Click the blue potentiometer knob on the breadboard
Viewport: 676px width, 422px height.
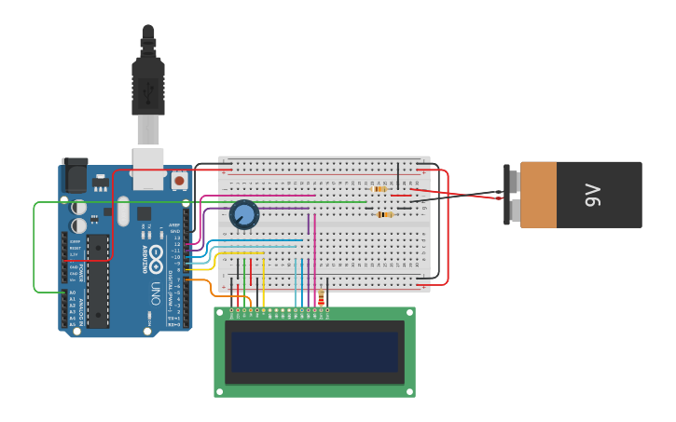point(244,214)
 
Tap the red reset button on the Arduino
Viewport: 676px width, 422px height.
point(179,179)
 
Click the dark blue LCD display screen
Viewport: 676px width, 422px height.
point(314,352)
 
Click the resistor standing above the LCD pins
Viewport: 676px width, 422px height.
point(321,297)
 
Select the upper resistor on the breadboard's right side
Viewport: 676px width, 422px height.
point(379,189)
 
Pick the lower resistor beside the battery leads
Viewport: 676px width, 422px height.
point(384,215)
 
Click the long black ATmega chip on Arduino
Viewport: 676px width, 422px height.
point(98,280)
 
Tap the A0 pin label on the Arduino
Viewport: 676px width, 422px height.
point(73,293)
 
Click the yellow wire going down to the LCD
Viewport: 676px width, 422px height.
point(263,284)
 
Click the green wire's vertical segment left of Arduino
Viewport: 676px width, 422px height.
point(34,247)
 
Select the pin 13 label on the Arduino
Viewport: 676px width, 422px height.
point(176,238)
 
